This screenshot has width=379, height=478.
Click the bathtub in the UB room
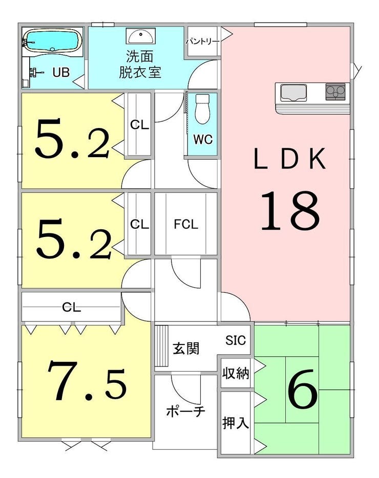click(x=52, y=41)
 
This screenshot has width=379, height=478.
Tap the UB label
click(x=61, y=73)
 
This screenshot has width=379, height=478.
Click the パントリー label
click(x=202, y=41)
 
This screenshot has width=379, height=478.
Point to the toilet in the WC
click(x=202, y=108)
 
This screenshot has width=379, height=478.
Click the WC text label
click(x=203, y=140)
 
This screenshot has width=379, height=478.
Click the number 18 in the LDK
click(x=290, y=210)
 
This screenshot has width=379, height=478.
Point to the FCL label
click(x=186, y=224)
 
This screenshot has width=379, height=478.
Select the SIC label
click(x=236, y=340)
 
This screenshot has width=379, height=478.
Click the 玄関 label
click(x=186, y=348)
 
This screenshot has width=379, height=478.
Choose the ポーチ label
click(x=185, y=411)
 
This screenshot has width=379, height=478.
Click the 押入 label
click(x=235, y=423)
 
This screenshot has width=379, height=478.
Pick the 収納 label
click(x=236, y=373)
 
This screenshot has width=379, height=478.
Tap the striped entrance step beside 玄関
click(x=161, y=346)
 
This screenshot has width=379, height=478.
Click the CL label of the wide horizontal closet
click(x=71, y=307)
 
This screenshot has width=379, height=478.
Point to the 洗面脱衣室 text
click(x=140, y=64)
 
